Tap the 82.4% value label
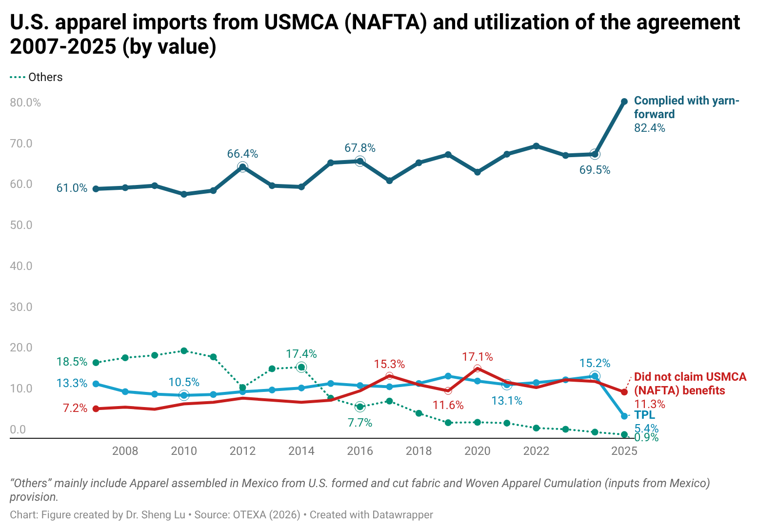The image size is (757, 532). (649, 128)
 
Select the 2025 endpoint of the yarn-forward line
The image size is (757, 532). (624, 102)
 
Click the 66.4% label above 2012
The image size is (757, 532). (242, 154)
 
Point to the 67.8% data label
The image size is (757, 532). (360, 148)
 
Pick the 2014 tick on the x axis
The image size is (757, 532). (301, 451)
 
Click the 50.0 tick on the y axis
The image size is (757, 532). (21, 225)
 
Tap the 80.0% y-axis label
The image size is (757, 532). (25, 102)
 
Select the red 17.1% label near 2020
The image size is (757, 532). (478, 357)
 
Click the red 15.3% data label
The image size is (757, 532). (389, 364)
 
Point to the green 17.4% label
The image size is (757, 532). (301, 354)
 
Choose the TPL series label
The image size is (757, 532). (644, 415)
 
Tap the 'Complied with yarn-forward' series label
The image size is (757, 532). (686, 107)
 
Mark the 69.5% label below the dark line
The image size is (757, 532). (595, 170)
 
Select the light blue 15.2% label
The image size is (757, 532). (595, 363)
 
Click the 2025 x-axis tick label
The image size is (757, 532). (624, 451)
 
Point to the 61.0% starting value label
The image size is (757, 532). (72, 188)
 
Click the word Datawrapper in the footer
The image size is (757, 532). (402, 515)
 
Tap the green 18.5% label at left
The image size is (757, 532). (72, 362)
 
